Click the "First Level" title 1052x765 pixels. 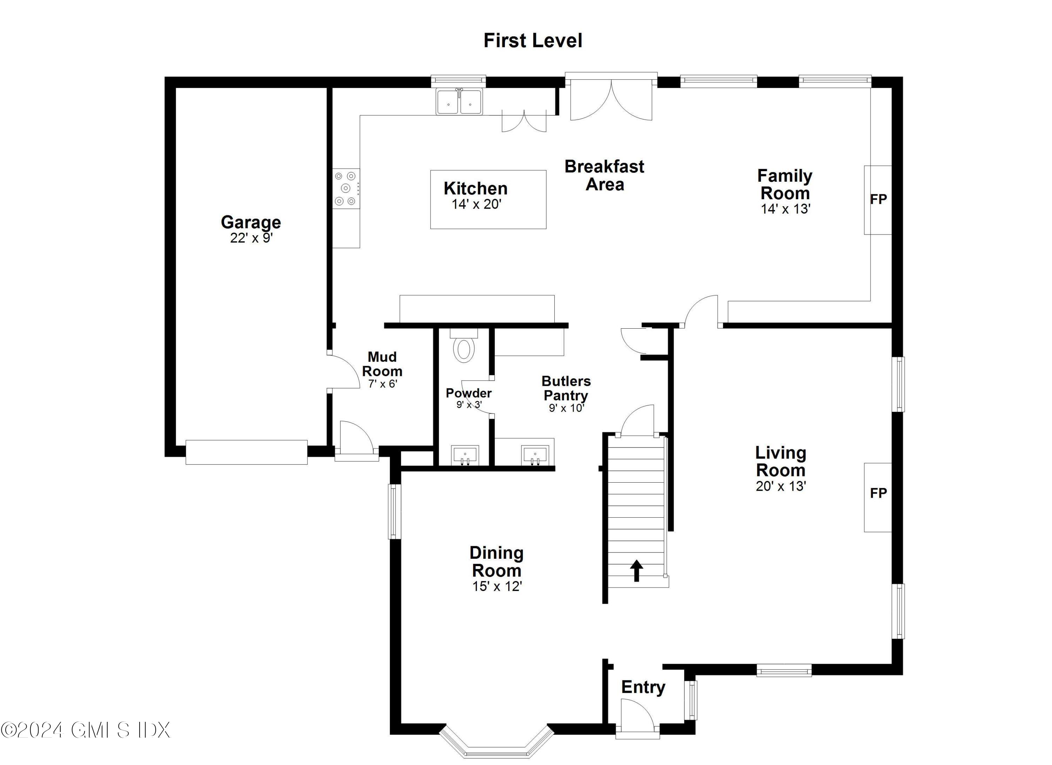pos(533,40)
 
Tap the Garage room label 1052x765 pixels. pos(251,222)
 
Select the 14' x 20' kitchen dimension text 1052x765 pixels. pos(477,204)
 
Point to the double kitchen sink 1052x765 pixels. pos(459,102)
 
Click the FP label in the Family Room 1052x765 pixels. pos(878,200)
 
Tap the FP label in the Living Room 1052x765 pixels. pos(878,493)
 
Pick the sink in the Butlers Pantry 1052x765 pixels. pos(535,455)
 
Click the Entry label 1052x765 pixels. pos(643,687)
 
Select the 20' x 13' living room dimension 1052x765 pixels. pos(781,486)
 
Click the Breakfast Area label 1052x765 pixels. pos(605,175)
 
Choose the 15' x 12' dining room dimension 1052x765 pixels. pos(497,586)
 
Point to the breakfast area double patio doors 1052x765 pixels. pos(611,98)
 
